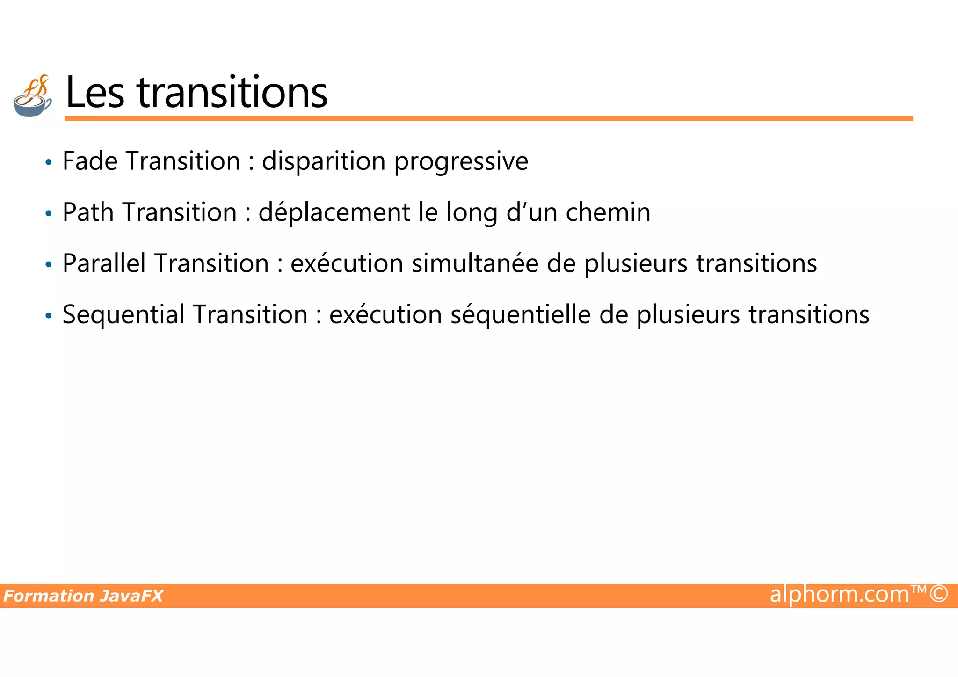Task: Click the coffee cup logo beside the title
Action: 32,96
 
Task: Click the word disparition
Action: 323,161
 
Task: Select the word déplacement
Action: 334,212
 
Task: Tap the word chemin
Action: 608,212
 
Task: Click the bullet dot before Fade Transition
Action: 49,163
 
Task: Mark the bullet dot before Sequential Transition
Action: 49,316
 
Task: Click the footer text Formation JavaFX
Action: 83,596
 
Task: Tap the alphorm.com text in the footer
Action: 839,594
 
